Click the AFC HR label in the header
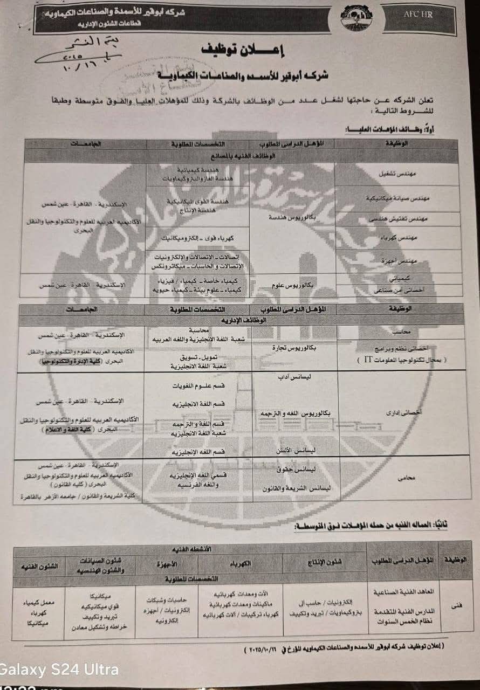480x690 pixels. (417, 15)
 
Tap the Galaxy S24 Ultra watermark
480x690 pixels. (59, 670)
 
